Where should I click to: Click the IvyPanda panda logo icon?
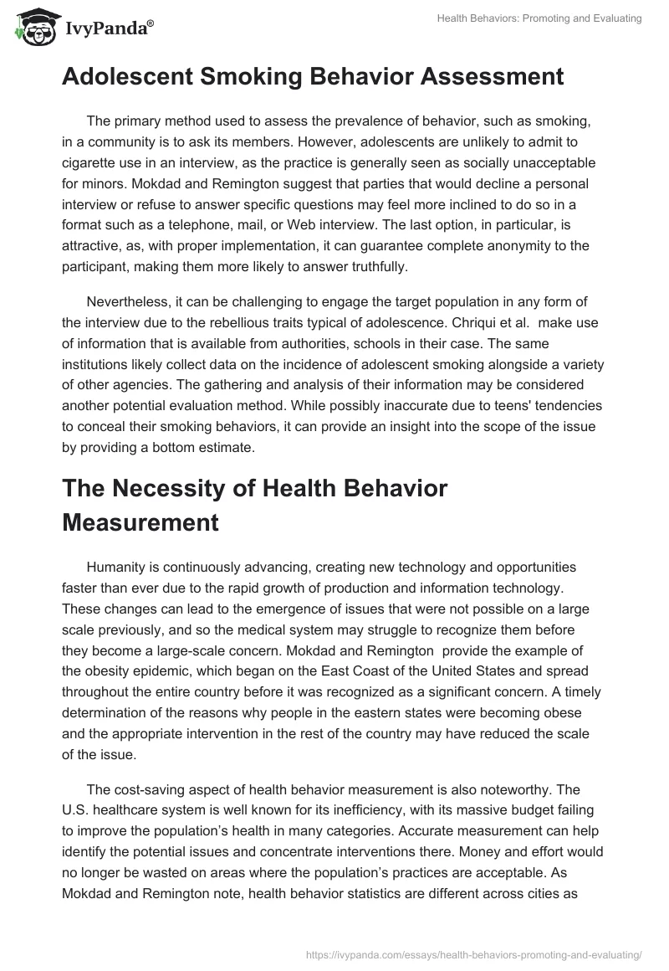pyautogui.click(x=34, y=28)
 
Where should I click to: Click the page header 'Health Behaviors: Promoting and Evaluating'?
pyautogui.click(x=539, y=18)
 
